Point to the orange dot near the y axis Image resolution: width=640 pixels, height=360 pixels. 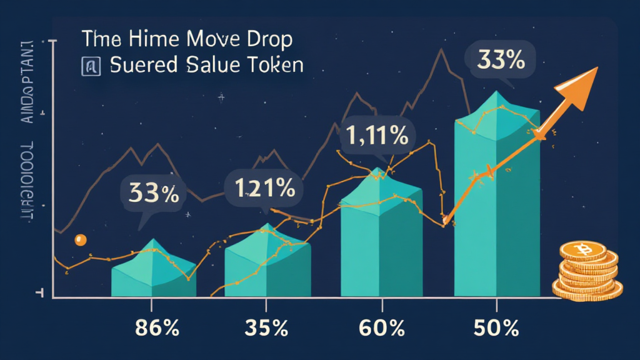point(80,239)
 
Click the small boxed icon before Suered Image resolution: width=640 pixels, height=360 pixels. point(89,66)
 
